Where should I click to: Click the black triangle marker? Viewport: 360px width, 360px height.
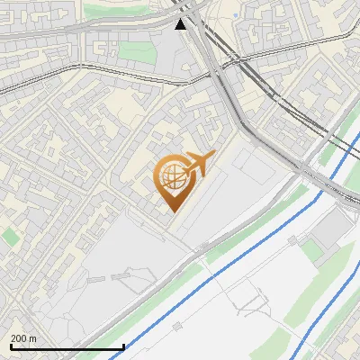coord(182,24)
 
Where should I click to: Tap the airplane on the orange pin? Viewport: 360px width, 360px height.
coord(197,163)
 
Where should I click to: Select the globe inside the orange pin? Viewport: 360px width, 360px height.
coord(171,176)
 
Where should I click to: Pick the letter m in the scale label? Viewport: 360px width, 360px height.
coord(33,338)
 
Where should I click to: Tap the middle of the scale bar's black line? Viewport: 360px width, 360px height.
coord(67,346)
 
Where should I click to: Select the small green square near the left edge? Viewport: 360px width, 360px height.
coord(10,237)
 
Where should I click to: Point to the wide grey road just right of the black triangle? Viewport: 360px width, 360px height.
coord(203,36)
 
